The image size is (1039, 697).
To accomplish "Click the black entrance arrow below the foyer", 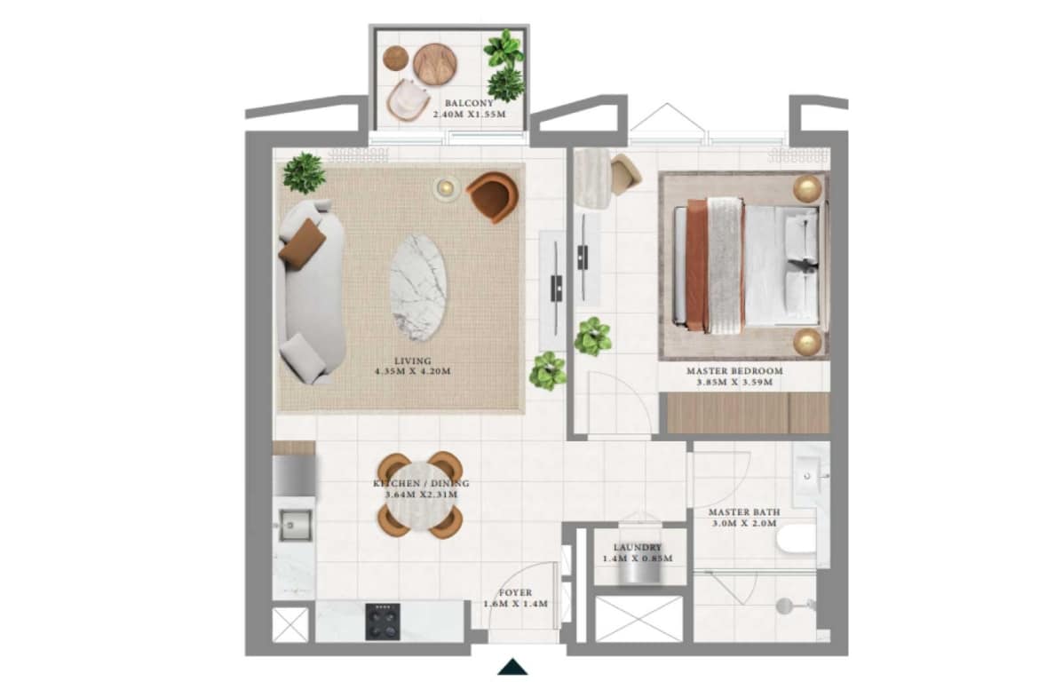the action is click(512, 667).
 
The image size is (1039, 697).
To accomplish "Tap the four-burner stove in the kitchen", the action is click(383, 622).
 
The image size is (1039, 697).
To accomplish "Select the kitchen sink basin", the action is click(294, 526).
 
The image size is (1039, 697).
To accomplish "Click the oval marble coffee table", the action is click(417, 289).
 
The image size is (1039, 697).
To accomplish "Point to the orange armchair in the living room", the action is click(492, 196).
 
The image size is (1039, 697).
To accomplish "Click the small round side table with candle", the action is click(448, 189).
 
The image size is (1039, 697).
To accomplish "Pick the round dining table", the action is click(421, 495).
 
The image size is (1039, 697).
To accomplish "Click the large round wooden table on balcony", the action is click(435, 64).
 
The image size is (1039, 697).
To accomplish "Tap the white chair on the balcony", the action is click(408, 100).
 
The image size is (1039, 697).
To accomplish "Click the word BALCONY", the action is click(469, 103).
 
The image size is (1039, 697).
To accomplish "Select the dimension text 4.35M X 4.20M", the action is click(413, 372).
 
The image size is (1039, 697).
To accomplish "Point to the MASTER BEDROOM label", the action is click(735, 371).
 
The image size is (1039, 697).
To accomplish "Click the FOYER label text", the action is click(516, 593).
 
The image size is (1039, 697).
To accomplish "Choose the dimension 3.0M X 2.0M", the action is click(744, 523).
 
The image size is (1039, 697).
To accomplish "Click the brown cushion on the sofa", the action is click(302, 243).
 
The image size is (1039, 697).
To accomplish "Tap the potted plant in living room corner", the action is click(304, 173).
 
